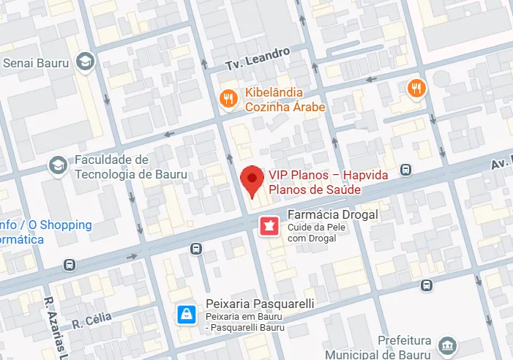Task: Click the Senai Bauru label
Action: coord(36,63)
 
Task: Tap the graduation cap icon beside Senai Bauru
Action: coord(86,61)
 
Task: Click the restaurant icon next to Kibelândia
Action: coord(229,97)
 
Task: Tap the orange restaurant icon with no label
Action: coord(416,89)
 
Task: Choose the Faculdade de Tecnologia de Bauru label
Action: coord(130,167)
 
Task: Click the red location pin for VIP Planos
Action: coord(252,180)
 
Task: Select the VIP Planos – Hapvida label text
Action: coord(328,174)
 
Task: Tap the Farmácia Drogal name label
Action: coord(332,214)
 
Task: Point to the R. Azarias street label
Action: coord(53,329)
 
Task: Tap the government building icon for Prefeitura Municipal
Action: coord(446,344)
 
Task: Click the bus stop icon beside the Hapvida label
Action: coord(406,170)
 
